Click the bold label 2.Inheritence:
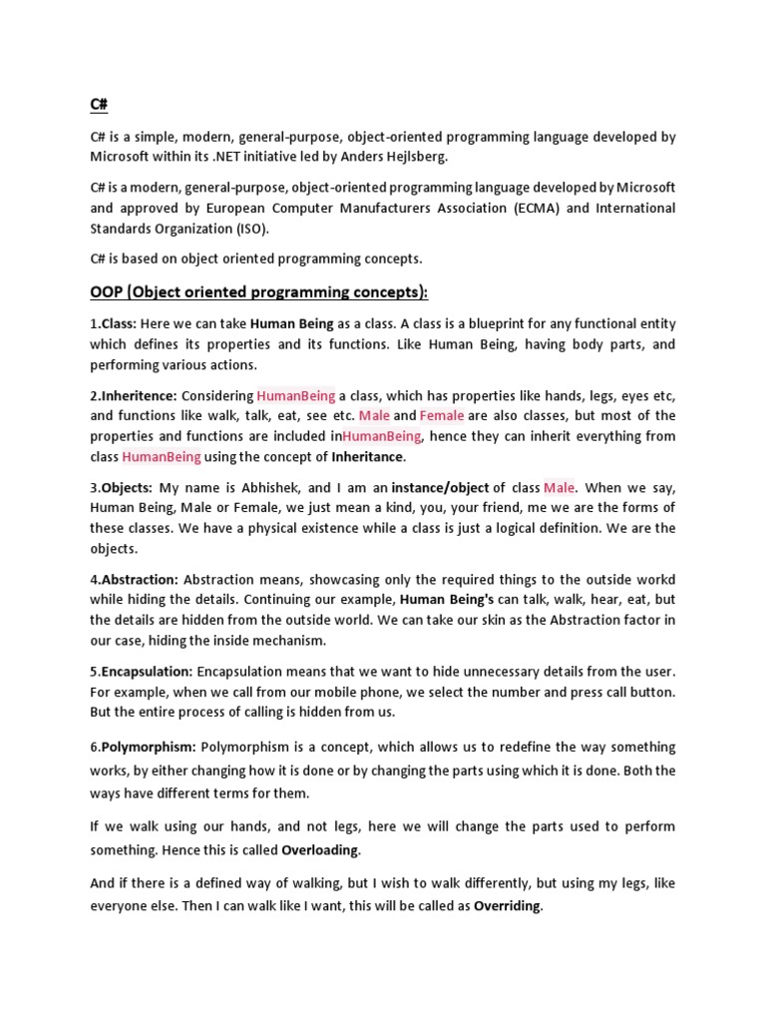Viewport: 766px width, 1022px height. pos(135,395)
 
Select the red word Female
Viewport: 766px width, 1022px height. pos(441,415)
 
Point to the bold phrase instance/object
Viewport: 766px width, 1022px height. pos(440,487)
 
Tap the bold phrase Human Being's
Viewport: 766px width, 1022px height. pos(447,600)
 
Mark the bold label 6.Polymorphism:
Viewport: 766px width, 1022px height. pos(144,747)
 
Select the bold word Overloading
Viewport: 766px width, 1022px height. pos(320,850)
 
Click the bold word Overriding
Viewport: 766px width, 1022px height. pos(508,906)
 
